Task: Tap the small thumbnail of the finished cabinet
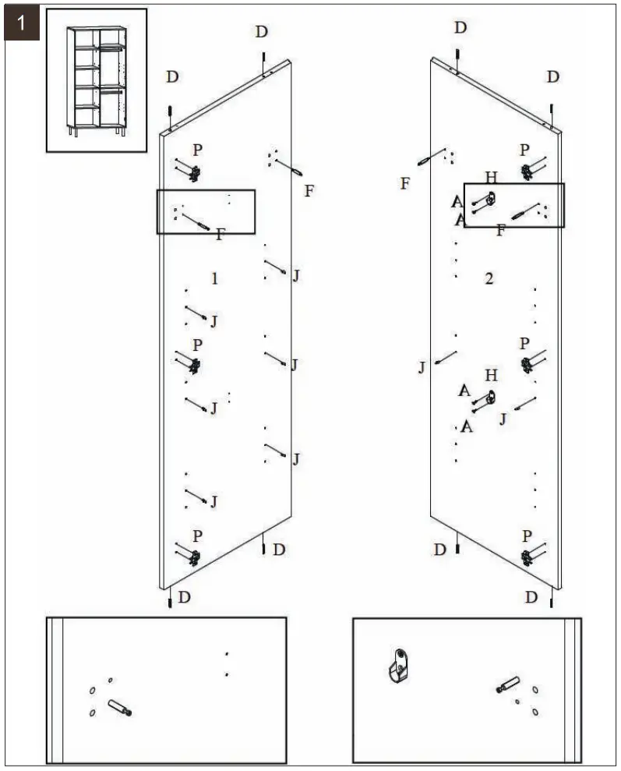[97, 80]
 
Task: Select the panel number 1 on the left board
[215, 278]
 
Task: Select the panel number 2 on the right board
[489, 278]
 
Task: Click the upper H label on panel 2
[490, 178]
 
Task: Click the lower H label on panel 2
[490, 376]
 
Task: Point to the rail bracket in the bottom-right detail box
[398, 664]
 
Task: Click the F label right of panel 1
[309, 191]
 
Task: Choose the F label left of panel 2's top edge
[404, 184]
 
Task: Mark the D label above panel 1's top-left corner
[172, 76]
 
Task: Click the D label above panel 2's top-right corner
[552, 76]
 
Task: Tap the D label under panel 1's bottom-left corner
[184, 597]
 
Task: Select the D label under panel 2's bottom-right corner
[531, 597]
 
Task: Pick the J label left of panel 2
[422, 367]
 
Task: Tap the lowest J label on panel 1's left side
[213, 501]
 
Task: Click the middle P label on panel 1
[197, 345]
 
